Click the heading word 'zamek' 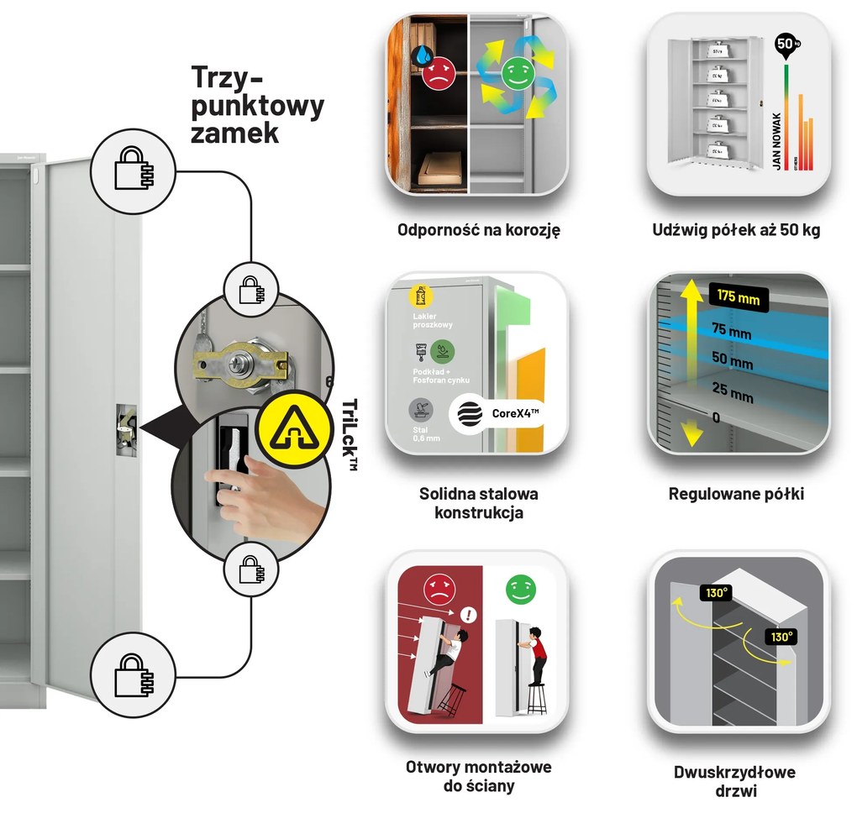tap(234, 132)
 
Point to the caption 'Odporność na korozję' tap(478, 229)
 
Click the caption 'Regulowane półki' tap(736, 494)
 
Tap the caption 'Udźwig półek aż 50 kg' tap(736, 229)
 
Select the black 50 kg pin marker tap(785, 46)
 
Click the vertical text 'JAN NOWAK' tap(777, 141)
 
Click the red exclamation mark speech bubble tap(468, 616)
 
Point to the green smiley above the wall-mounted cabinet tap(520, 589)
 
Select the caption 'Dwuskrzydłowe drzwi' tap(734, 781)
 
